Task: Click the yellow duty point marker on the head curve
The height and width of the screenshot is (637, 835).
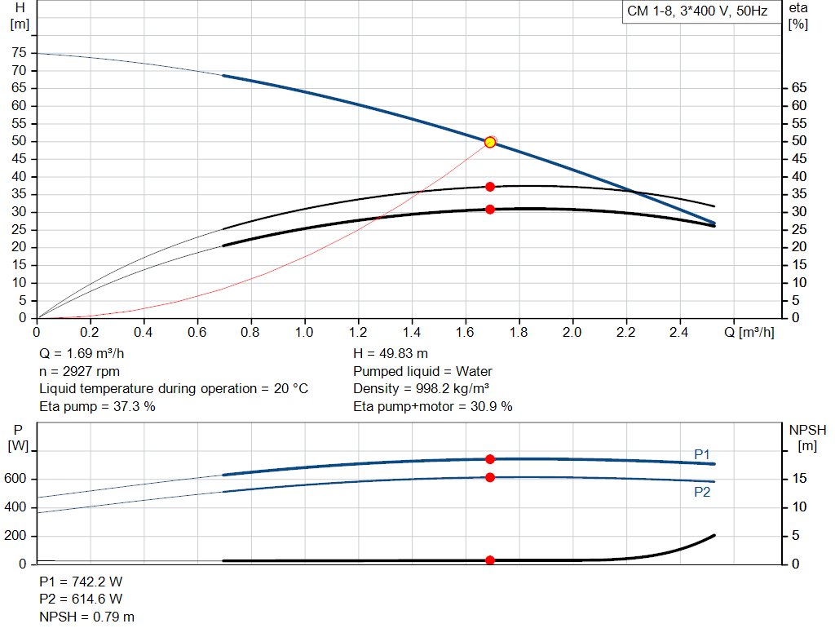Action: tap(490, 142)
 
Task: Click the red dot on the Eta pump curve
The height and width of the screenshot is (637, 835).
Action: tap(490, 187)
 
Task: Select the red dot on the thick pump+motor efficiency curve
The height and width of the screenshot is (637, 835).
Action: tap(490, 210)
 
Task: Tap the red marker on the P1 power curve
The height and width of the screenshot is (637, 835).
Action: tap(490, 459)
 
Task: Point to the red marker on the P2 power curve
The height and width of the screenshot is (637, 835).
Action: tap(490, 477)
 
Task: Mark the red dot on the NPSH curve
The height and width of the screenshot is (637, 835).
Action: tap(490, 560)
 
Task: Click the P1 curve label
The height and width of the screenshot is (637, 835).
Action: tap(702, 453)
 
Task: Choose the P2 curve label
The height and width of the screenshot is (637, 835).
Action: tap(702, 492)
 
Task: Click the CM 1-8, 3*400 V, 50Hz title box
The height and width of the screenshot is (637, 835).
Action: tap(697, 12)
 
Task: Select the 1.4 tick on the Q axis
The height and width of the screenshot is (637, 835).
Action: tap(412, 333)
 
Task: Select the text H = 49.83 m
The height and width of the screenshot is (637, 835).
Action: tap(391, 353)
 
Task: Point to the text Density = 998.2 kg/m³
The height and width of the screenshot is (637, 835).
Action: tap(423, 388)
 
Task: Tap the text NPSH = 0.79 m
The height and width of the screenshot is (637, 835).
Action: tap(87, 617)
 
